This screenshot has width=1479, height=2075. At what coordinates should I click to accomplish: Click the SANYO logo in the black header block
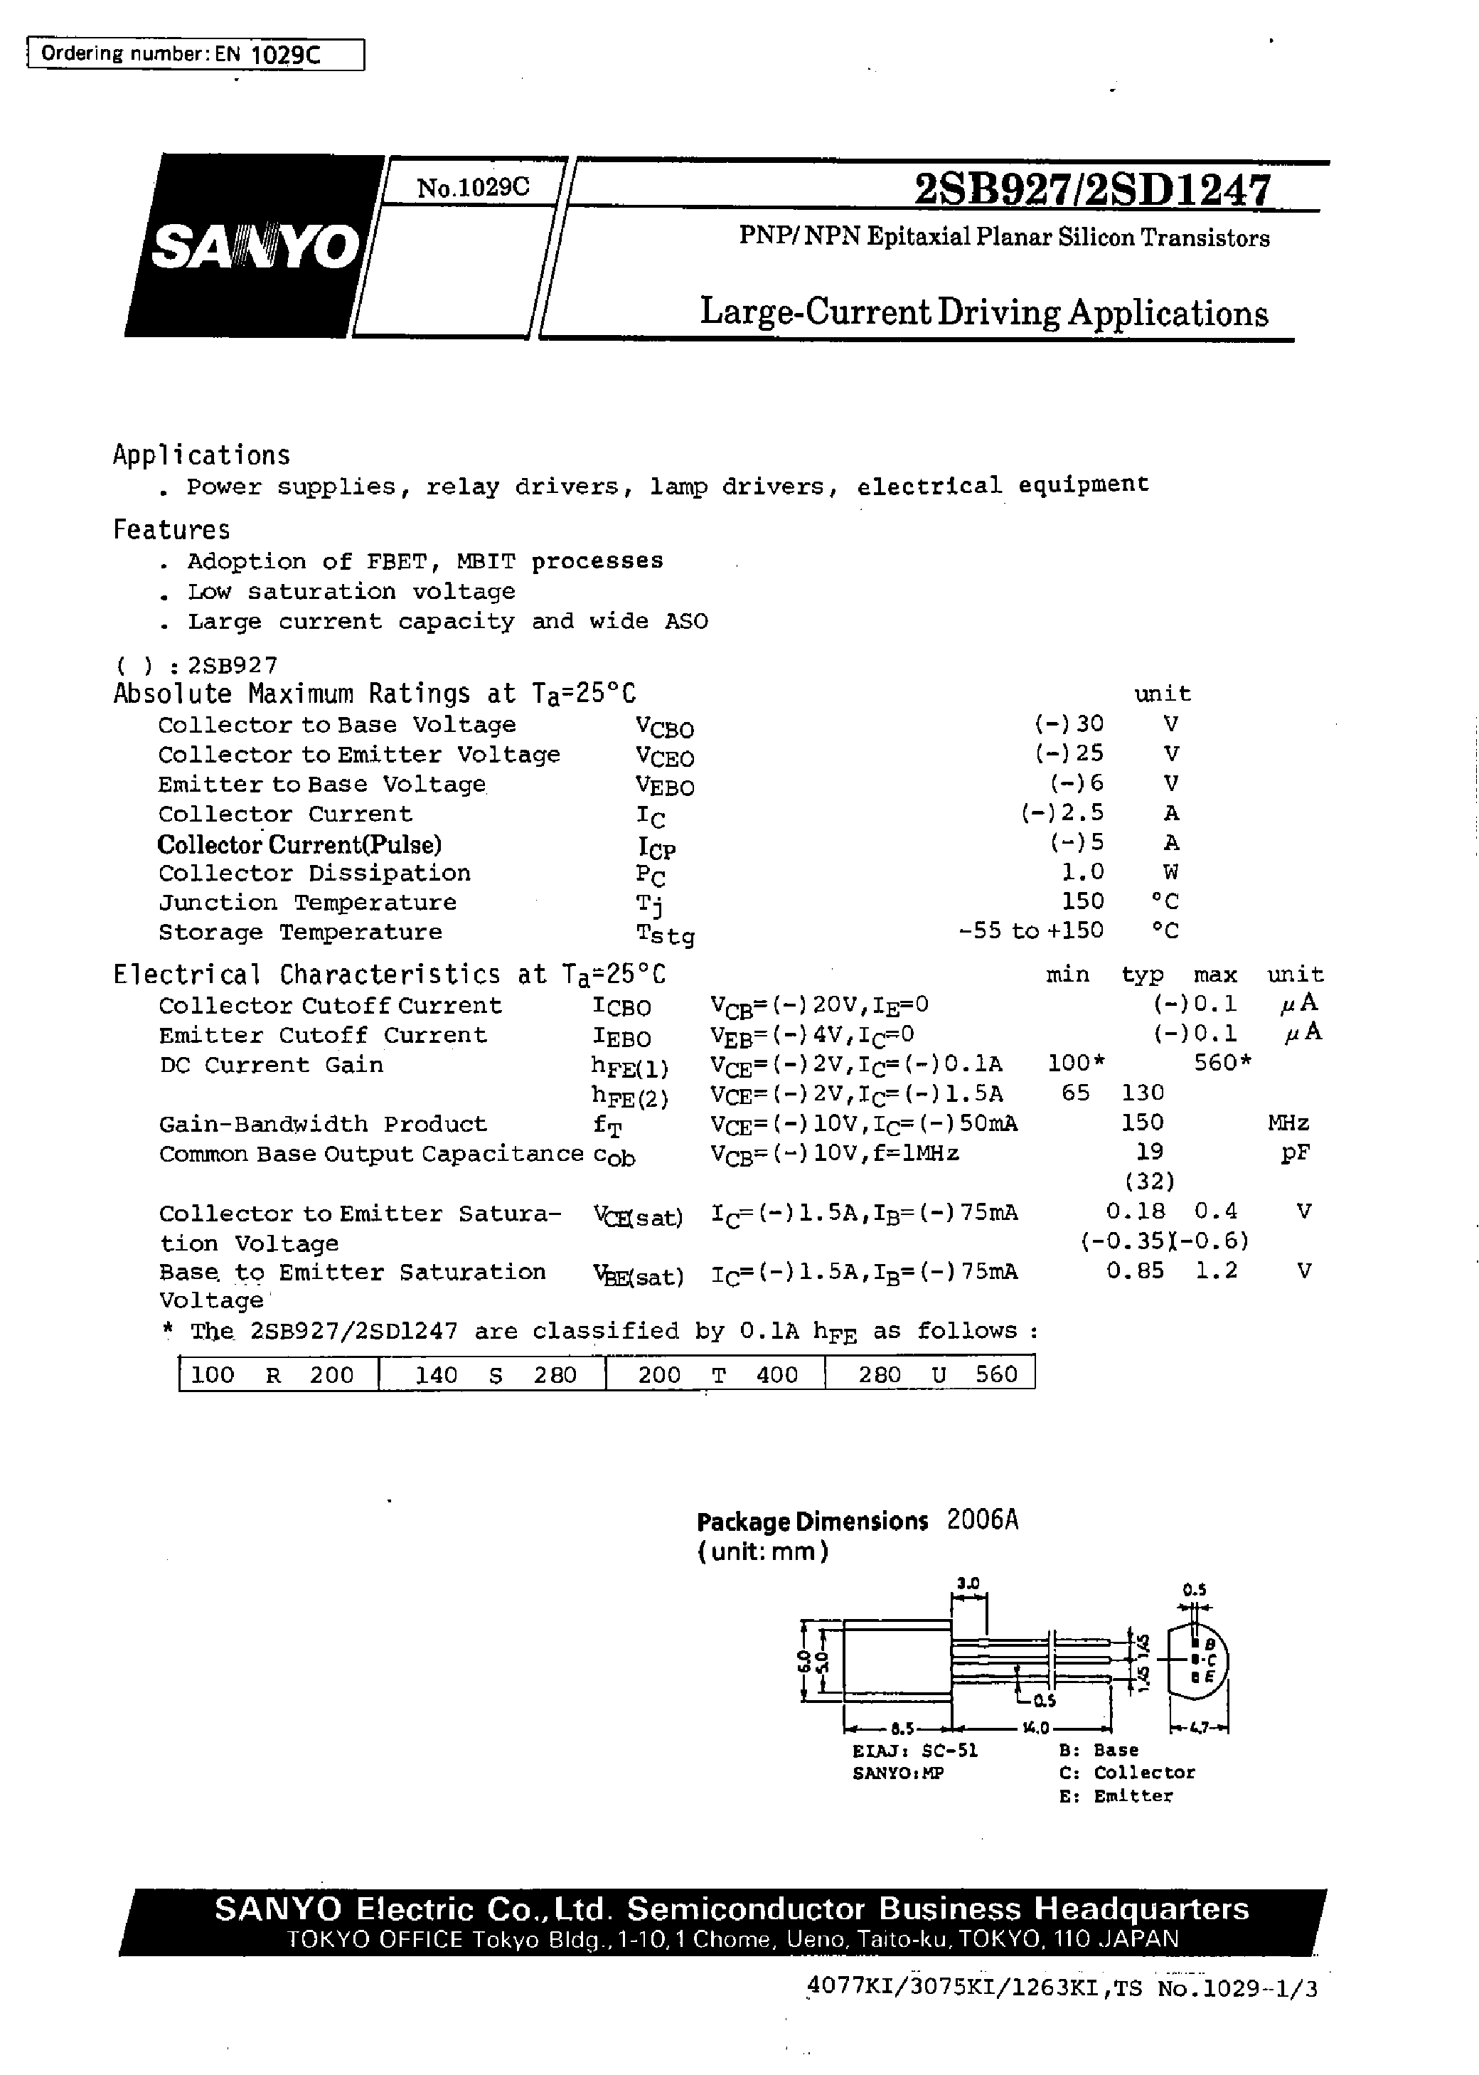coord(256,246)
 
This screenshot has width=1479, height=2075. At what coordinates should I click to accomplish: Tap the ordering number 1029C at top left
coord(285,55)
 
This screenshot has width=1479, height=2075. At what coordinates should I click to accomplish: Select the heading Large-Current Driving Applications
coord(983,312)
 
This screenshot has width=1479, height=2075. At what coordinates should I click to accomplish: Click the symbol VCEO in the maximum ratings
coord(665,757)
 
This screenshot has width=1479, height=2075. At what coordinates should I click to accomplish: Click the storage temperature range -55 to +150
coord(1031,930)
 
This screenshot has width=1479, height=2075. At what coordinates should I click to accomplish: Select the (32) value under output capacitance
coord(1149,1182)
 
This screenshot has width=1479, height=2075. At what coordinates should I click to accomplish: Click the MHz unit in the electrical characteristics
coord(1288,1123)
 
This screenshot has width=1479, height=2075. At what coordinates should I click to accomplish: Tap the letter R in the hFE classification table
coord(272,1374)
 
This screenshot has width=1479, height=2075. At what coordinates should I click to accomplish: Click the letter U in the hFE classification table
coord(939,1374)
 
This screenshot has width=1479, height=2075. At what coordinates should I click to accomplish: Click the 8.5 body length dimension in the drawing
coord(902,1728)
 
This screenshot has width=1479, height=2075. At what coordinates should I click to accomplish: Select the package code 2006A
coord(982,1520)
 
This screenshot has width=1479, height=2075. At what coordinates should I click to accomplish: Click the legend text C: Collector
coord(1126,1773)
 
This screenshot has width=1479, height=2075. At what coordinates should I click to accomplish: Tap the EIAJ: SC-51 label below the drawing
coord(914,1750)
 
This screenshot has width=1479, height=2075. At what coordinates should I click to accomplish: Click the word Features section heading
coord(171,530)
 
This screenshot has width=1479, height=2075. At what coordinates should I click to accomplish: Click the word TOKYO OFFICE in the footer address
coord(374,1939)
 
